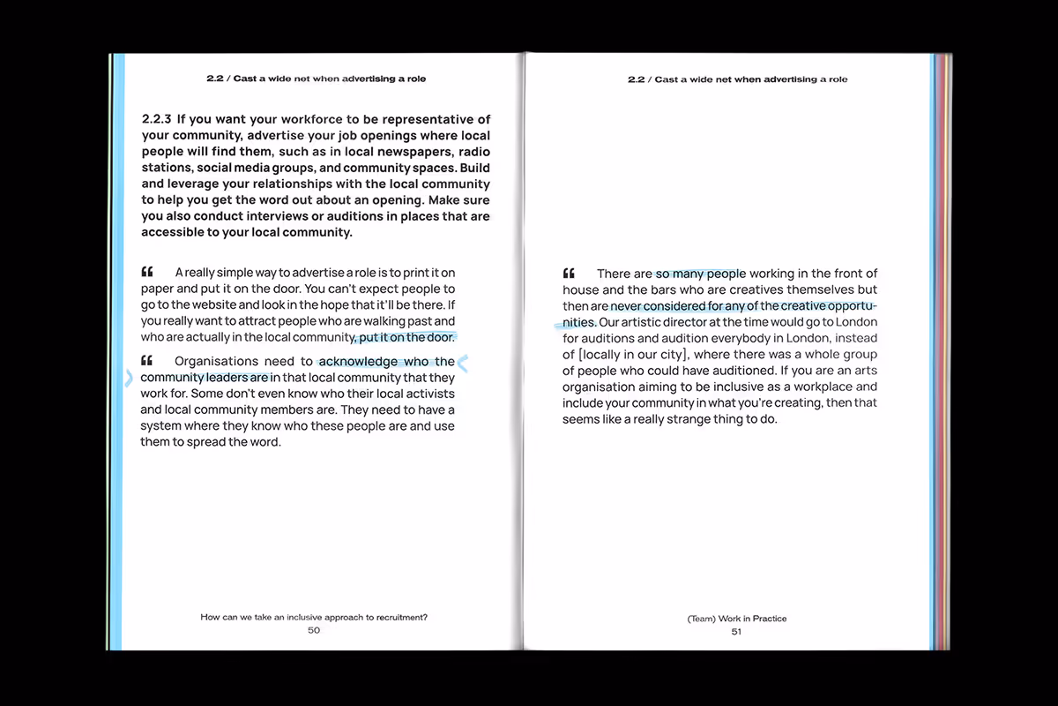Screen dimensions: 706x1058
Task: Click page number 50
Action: coord(314,630)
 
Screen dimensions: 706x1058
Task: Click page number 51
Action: coord(736,631)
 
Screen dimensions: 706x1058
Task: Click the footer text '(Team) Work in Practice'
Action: coord(736,619)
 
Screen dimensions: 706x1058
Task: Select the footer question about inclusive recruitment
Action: coord(314,618)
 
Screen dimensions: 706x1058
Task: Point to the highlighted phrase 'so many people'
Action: coord(700,274)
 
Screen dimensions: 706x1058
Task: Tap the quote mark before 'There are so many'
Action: coord(570,273)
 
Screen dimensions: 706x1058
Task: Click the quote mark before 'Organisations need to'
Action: coord(147,360)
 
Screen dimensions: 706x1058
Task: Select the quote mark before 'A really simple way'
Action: coord(147,272)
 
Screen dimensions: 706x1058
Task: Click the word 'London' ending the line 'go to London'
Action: coord(857,322)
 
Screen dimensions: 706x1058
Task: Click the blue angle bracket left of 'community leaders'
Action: coord(129,378)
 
